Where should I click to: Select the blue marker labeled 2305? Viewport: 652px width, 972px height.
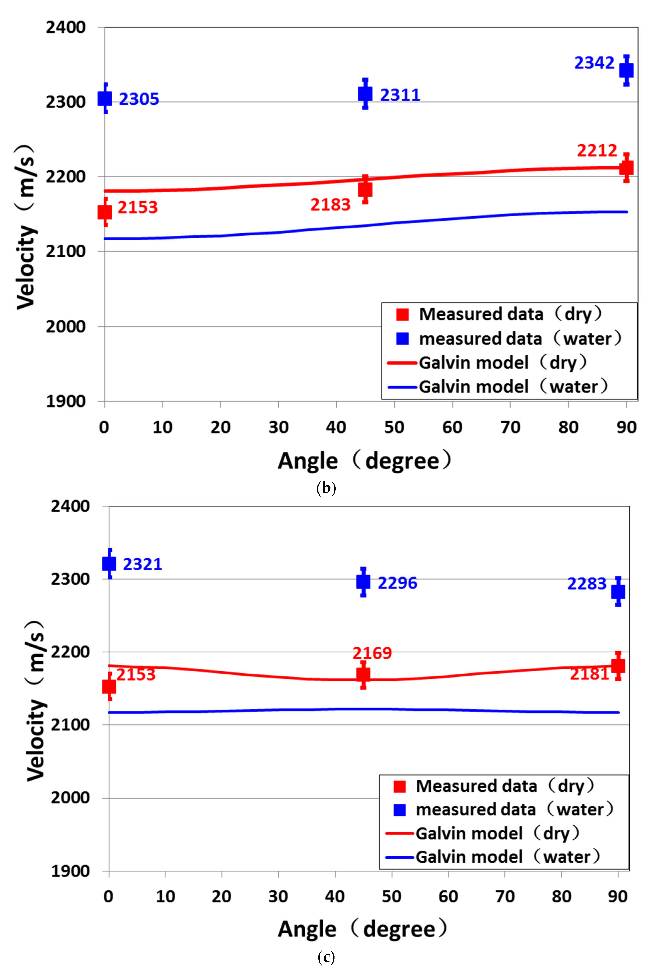(x=105, y=99)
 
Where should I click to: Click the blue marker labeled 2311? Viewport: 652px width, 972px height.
(x=365, y=94)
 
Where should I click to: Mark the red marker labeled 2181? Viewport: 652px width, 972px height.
(x=618, y=666)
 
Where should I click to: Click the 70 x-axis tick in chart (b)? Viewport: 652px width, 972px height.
(x=510, y=427)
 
